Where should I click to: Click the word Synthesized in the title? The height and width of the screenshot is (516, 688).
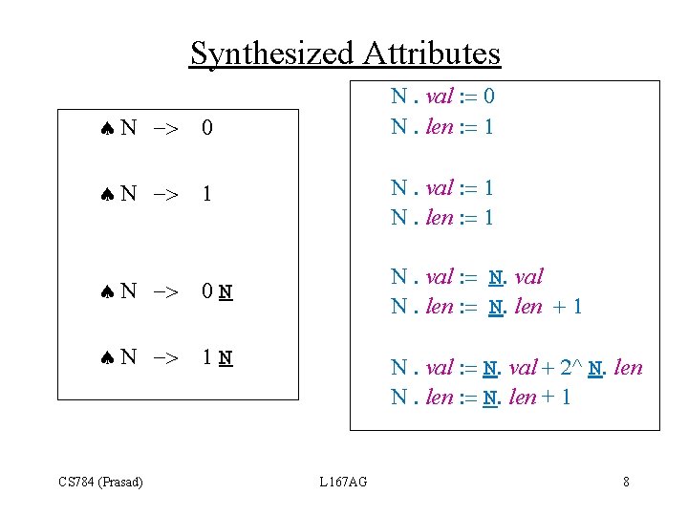[x=271, y=53]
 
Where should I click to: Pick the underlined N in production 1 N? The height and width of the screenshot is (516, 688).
[x=225, y=359]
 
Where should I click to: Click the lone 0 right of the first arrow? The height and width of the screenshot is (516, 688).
[x=207, y=128]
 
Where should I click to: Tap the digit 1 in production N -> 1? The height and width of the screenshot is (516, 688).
[x=207, y=195]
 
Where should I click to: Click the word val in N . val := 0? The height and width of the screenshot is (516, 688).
[x=440, y=97]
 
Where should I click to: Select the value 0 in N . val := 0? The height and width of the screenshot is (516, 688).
[x=488, y=97]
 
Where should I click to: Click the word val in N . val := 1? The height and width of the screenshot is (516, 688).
[x=440, y=188]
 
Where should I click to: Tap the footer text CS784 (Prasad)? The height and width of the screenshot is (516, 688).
[x=101, y=482]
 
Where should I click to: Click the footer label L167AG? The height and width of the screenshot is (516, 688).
[x=342, y=482]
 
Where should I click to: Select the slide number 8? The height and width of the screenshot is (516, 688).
[x=626, y=482]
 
